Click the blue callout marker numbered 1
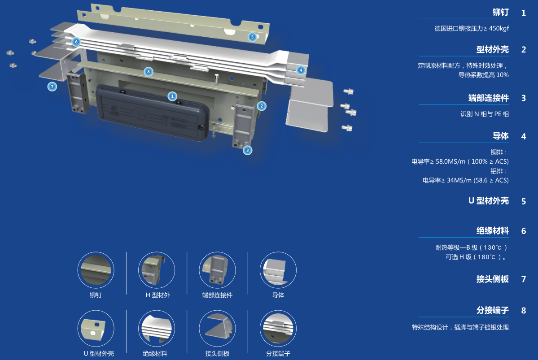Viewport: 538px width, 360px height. click(172, 96)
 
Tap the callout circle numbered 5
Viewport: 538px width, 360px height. click(252, 37)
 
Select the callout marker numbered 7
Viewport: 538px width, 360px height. click(52, 87)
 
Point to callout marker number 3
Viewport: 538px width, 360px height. click(247, 150)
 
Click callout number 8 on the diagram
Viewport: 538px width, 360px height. click(148, 72)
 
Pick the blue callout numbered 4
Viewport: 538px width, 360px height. click(301, 70)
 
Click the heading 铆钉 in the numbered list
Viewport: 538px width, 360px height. click(501, 13)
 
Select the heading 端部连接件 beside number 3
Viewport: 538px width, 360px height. click(489, 98)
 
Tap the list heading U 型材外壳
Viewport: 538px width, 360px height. click(489, 200)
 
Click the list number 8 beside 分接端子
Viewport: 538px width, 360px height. click(524, 311)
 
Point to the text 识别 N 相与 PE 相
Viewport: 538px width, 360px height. click(485, 114)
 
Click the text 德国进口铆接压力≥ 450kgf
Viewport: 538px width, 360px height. click(472, 28)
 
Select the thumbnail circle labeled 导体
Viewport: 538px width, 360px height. click(278, 270)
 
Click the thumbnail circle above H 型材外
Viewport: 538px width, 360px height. click(157, 270)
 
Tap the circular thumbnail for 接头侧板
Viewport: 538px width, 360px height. click(217, 329)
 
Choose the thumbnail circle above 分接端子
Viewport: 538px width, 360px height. click(278, 329)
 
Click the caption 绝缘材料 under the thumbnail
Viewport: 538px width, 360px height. click(155, 353)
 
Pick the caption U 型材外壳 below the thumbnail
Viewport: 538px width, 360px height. click(99, 353)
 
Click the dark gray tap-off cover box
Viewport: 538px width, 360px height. click(153, 112)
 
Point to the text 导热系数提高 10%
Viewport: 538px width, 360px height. click(483, 75)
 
